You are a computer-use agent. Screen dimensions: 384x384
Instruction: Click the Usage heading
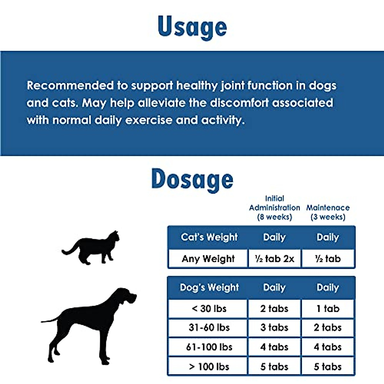(192, 27)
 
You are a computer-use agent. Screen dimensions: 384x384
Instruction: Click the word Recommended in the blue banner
(70, 85)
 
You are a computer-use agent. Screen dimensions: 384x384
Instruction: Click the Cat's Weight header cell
(209, 237)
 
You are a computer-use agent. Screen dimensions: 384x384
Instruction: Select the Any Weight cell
(208, 259)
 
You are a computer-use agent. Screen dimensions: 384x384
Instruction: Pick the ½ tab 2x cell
(275, 259)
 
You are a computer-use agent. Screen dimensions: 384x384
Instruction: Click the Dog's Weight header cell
(209, 287)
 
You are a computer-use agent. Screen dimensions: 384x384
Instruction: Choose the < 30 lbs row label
(209, 308)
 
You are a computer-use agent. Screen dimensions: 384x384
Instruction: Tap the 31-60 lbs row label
(209, 327)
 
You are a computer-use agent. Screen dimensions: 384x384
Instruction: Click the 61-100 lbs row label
(209, 347)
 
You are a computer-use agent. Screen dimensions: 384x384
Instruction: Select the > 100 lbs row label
(209, 366)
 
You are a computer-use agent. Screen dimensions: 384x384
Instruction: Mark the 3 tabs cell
(274, 327)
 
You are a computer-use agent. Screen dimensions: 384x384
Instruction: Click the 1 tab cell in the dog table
(328, 308)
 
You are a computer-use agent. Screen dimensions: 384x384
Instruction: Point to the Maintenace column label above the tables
(328, 208)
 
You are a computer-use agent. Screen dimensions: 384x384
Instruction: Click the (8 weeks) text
(275, 217)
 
